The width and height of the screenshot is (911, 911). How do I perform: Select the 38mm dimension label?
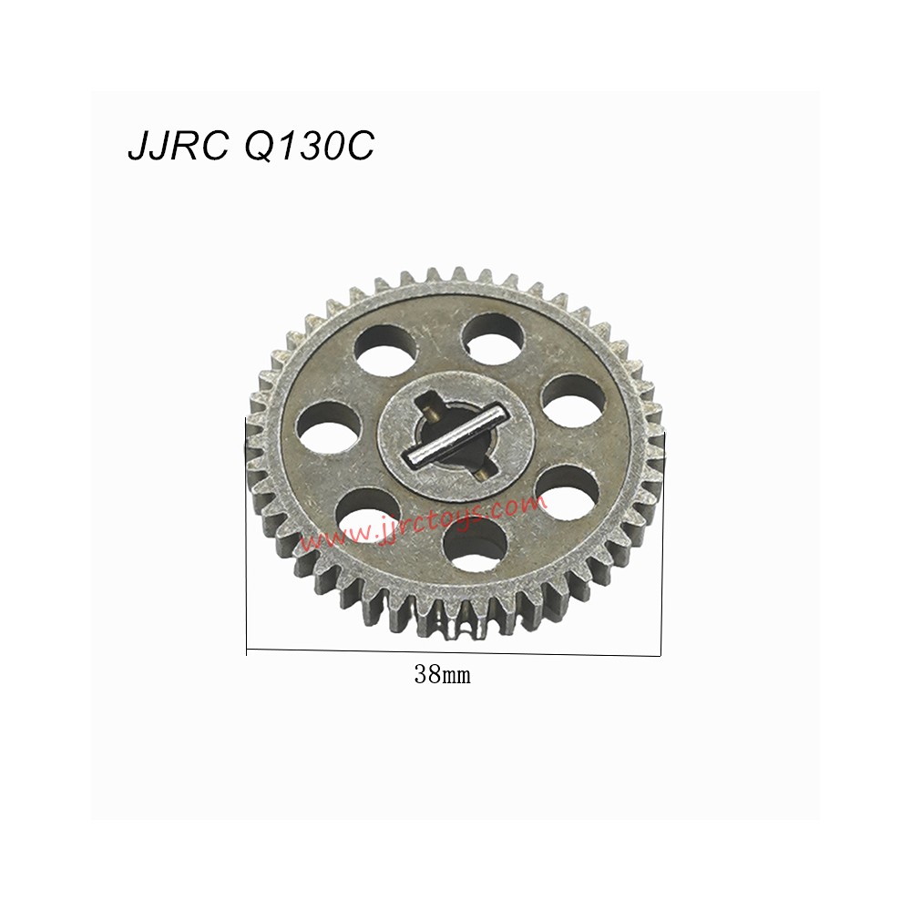[x=442, y=675]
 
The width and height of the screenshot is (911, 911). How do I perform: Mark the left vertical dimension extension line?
[x=246, y=537]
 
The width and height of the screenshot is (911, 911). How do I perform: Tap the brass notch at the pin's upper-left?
[x=427, y=401]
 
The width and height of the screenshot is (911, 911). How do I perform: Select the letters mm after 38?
[x=455, y=676]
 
